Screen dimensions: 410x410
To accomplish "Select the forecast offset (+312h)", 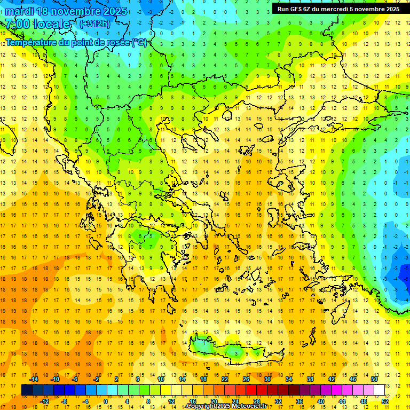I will point(95,23).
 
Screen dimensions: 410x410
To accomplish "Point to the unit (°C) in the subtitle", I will point(139,42).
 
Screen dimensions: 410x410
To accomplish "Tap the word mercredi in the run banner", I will point(343,9).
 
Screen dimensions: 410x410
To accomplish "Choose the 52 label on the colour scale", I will point(385,401).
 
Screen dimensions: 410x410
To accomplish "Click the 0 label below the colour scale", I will point(106,401).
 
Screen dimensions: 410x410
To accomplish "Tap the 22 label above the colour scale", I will point(225,379).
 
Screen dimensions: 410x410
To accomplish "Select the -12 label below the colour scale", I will point(44,401).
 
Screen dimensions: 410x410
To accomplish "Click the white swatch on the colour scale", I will point(380,390).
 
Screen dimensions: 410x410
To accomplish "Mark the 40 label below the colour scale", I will point(321,401).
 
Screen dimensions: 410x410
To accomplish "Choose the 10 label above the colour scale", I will point(161,379).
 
